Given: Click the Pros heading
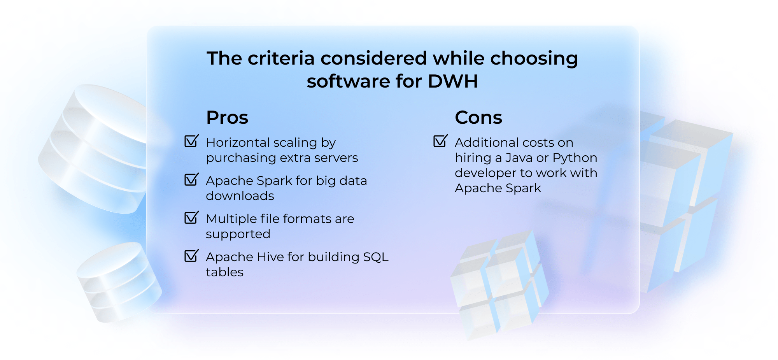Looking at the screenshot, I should pos(227,117).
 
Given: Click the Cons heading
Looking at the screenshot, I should pos(478,117).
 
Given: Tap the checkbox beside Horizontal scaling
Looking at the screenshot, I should pos(191,141).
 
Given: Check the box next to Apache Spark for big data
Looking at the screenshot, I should pos(191,179).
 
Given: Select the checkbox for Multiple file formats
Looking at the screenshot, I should pos(191,218).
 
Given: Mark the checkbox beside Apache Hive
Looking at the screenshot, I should pos(191,256).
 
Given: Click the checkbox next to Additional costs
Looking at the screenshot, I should pos(440,141).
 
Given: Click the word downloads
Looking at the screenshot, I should pos(240,196).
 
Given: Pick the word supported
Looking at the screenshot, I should pos(238,234).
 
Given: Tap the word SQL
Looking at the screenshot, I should pos(375,257).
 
